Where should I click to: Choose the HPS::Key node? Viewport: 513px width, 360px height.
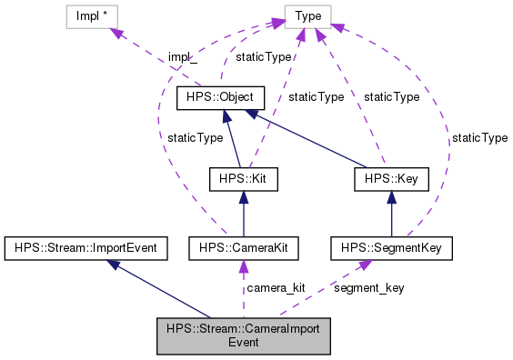(390, 179)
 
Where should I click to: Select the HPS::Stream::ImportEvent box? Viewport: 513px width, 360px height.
(82, 246)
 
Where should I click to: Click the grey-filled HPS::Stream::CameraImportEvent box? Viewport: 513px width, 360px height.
(242, 335)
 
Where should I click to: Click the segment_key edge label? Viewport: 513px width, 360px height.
(370, 287)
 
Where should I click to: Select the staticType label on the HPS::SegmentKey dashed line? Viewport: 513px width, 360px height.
(479, 137)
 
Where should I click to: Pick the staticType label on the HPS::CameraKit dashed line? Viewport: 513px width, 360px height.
(195, 137)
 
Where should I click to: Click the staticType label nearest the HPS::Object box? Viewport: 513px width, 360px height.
(264, 56)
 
